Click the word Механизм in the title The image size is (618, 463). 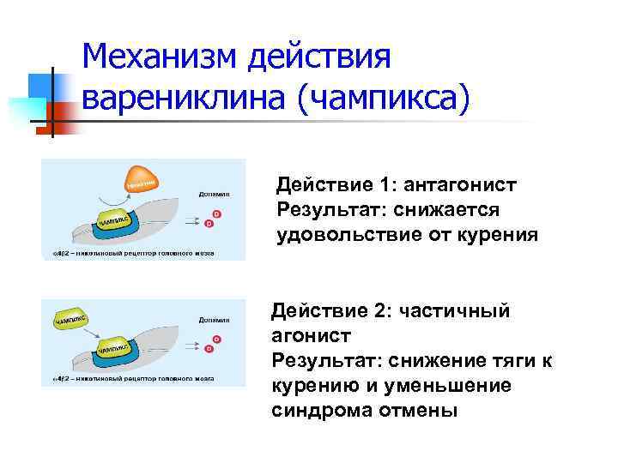pos(159,57)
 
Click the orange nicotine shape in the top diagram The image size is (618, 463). pos(142,180)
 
